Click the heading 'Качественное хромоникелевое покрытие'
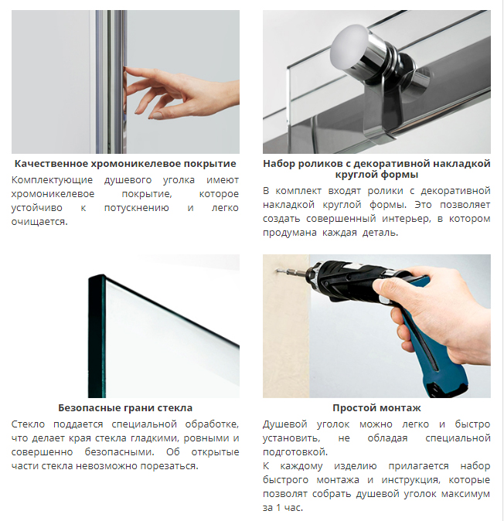coord(125,163)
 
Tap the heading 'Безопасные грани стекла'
coord(125,407)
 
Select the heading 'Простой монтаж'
coord(376,407)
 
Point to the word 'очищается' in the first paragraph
coord(38,222)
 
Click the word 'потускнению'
coord(137,208)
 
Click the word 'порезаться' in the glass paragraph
coord(169,466)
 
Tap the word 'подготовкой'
coord(295,452)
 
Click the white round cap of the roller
coord(347,46)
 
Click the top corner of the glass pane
coord(102,275)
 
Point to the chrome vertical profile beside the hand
coord(111,82)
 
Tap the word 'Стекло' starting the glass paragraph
coord(29,424)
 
